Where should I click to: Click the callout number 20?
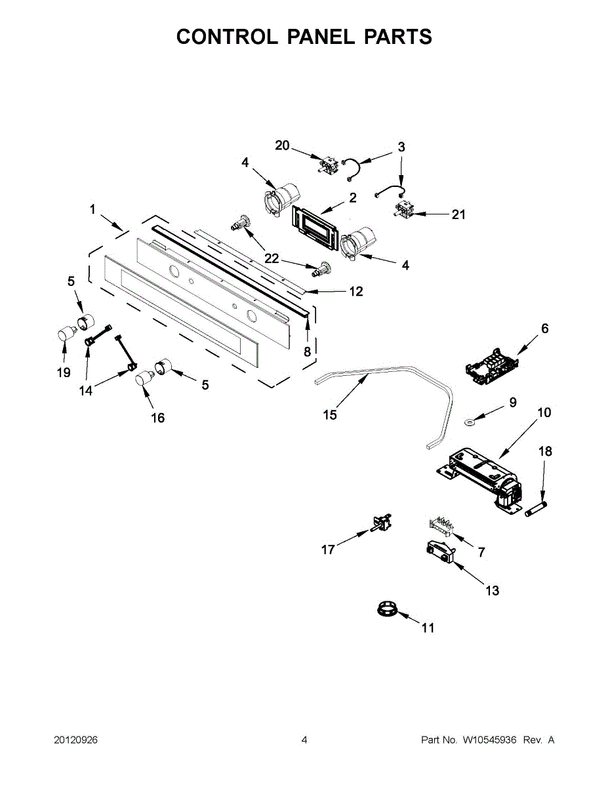[x=282, y=146]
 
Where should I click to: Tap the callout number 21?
[x=458, y=214]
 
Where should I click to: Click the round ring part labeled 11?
[x=387, y=610]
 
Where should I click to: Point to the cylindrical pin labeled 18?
[x=536, y=508]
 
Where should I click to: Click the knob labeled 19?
[x=64, y=334]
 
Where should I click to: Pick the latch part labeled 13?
[x=439, y=552]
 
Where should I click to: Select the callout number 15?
[x=330, y=415]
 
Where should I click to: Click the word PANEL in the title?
[x=320, y=37]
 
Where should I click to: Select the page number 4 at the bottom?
[x=304, y=740]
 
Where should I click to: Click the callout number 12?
[x=355, y=291]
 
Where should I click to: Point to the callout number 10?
[x=544, y=413]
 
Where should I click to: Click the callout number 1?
[x=92, y=210]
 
